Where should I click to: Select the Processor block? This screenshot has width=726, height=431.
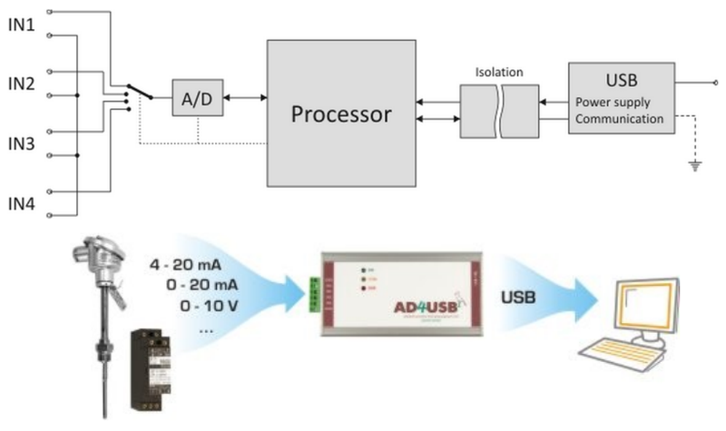[x=340, y=114]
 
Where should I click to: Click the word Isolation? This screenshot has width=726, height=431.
[x=500, y=71]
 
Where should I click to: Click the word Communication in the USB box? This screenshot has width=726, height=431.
[x=620, y=118]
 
